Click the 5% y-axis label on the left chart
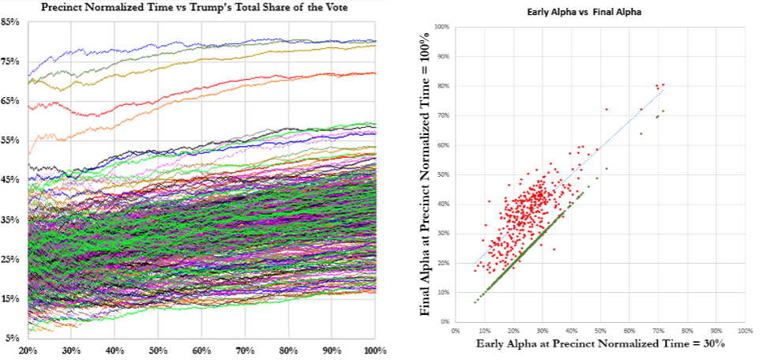pos(13,338)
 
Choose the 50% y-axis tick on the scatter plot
pos(443,174)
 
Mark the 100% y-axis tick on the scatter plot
pos(441,27)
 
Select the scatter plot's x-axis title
pos(600,344)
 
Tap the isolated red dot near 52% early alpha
pos(606,109)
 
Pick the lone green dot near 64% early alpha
pos(640,133)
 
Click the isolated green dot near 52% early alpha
pos(606,168)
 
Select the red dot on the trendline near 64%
pos(640,109)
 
